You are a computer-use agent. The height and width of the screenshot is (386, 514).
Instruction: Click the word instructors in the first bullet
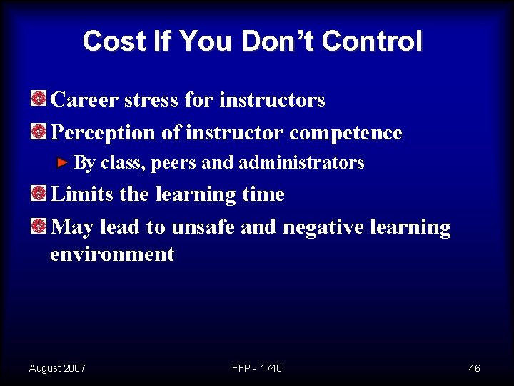[x=272, y=99]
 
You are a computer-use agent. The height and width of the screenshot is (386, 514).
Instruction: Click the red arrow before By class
[x=63, y=162]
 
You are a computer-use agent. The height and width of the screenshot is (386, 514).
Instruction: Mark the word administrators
[x=301, y=163]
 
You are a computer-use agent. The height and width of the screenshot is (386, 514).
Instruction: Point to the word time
[x=264, y=194]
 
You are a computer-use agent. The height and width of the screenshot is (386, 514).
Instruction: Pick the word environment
[x=112, y=254]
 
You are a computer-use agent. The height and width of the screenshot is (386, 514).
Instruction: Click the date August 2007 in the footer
[x=57, y=368]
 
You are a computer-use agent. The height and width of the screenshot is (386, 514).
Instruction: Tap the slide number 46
[x=474, y=368]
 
